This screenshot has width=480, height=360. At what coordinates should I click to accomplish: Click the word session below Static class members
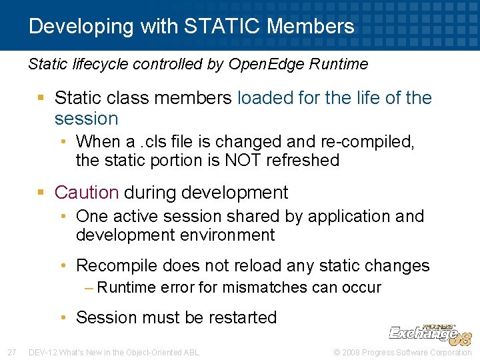(x=86, y=119)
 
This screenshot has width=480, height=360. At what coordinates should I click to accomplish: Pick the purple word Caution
(x=86, y=193)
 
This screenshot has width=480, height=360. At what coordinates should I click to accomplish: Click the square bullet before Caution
(x=41, y=193)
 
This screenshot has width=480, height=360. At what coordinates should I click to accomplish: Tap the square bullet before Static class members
(x=41, y=99)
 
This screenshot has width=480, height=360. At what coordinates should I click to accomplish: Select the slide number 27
(x=11, y=352)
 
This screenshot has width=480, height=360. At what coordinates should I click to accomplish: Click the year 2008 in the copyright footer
(x=349, y=352)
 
